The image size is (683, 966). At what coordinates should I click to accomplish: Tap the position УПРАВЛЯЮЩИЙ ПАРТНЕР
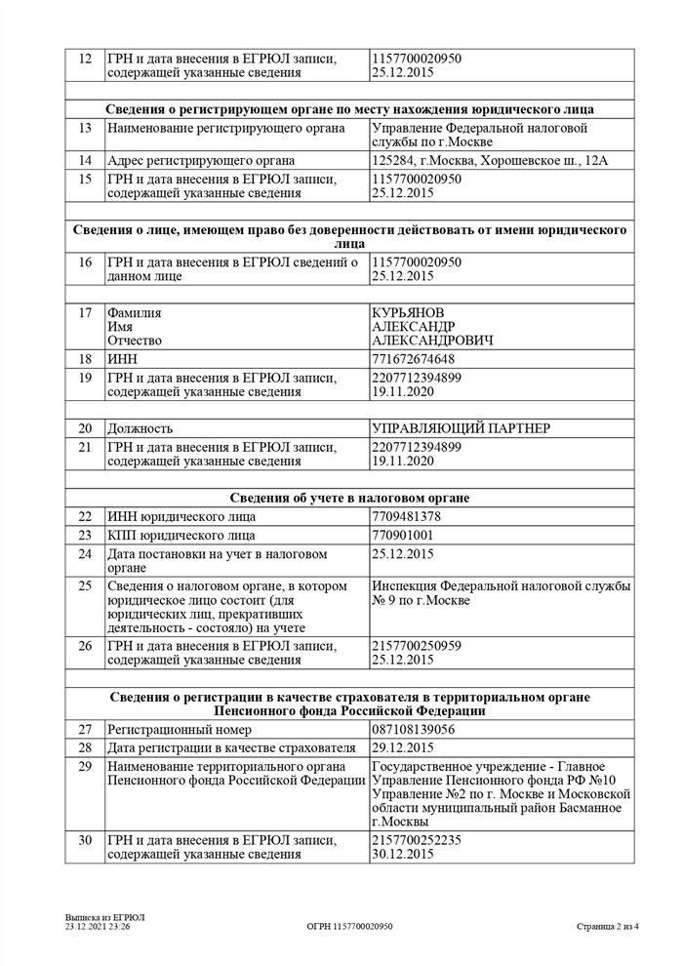[461, 428]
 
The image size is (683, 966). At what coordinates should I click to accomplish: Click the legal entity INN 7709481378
[406, 516]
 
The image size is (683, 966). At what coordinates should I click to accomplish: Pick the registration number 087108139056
[414, 729]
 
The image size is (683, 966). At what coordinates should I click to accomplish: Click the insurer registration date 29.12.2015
[403, 747]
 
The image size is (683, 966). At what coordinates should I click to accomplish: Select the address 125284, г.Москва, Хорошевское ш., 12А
[490, 160]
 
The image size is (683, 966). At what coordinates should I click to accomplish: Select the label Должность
[141, 428]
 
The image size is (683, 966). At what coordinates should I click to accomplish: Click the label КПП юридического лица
[181, 536]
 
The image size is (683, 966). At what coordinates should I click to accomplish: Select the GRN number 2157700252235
[417, 839]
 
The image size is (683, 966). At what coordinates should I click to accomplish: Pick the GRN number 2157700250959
[417, 646]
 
